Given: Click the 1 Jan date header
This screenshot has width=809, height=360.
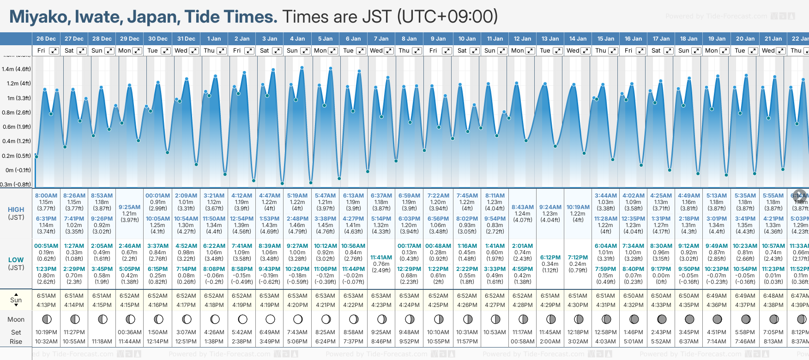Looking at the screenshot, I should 214,39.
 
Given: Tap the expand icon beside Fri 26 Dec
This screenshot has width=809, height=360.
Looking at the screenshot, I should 54,51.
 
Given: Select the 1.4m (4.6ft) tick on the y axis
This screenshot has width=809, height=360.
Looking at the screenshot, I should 16,69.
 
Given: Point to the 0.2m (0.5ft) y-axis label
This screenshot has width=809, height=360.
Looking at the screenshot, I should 16,156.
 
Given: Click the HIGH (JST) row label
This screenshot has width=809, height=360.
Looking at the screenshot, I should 16,213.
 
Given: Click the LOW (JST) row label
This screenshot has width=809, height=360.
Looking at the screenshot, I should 16,264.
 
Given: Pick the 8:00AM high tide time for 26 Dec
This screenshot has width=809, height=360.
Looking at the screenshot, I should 46,196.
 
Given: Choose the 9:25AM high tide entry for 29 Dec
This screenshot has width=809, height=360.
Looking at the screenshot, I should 129,207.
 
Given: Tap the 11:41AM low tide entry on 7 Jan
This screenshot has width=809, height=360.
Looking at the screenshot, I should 381,258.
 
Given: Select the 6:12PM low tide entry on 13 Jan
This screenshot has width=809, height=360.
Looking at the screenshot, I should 550,258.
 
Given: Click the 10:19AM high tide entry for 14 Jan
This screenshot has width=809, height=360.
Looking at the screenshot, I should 578,207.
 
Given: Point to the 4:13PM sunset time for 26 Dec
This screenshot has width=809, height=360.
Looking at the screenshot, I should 46,305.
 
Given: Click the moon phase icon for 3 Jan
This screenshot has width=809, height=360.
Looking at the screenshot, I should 270,319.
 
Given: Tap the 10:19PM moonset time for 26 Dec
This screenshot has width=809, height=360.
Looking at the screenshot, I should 46,332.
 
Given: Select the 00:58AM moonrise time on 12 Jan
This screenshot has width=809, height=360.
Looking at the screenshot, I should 522,342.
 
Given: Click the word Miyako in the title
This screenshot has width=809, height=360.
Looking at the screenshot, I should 39,17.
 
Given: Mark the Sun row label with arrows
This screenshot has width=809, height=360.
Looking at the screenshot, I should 16,300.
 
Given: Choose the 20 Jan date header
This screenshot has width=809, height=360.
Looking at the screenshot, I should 745,39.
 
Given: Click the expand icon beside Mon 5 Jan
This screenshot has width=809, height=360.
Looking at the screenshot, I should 332,51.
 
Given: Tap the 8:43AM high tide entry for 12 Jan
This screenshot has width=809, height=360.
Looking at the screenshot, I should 522,207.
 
